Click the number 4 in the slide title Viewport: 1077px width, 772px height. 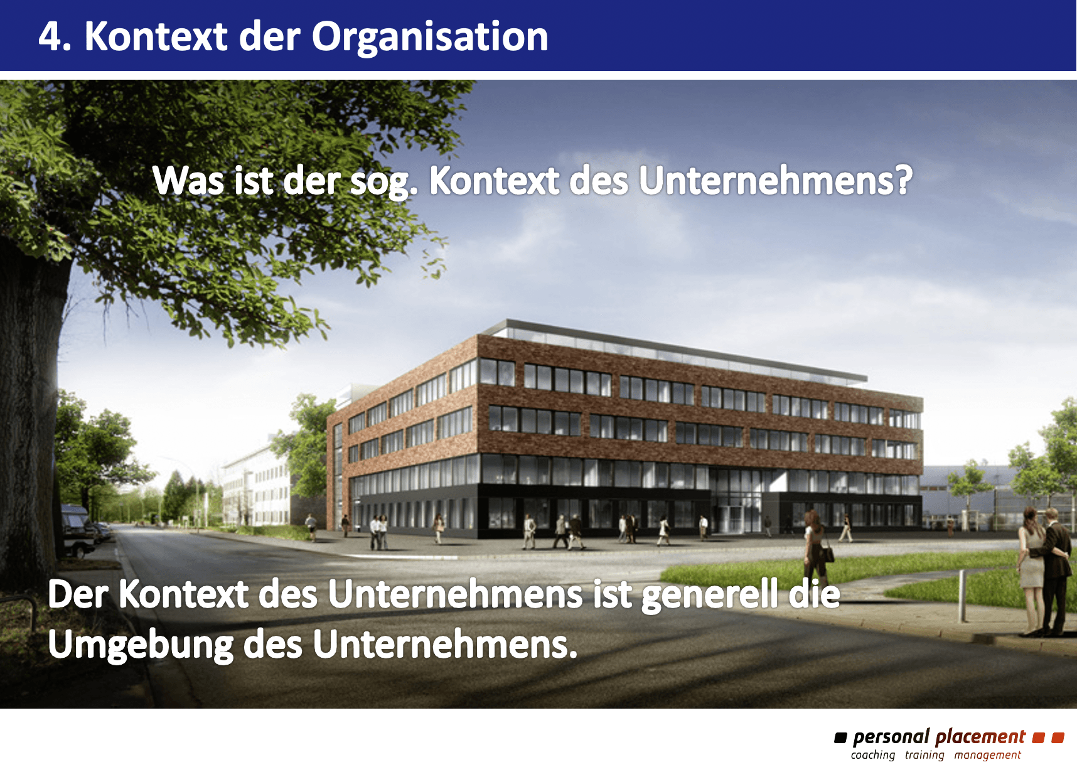pos(51,36)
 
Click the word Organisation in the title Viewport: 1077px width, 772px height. pos(430,37)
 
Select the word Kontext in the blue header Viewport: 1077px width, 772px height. pos(156,36)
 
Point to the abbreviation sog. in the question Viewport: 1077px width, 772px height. pos(383,183)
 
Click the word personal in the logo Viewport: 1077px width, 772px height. pos(891,737)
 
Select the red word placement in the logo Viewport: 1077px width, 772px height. pos(980,737)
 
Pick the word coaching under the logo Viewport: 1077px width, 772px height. pos(873,755)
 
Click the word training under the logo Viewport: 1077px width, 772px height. pos(924,755)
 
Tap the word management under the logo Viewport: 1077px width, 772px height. pos(988,755)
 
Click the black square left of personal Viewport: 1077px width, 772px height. pos(840,737)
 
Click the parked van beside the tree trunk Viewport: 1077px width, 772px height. pos(77,530)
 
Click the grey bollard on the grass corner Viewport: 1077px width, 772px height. pos(962,596)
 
